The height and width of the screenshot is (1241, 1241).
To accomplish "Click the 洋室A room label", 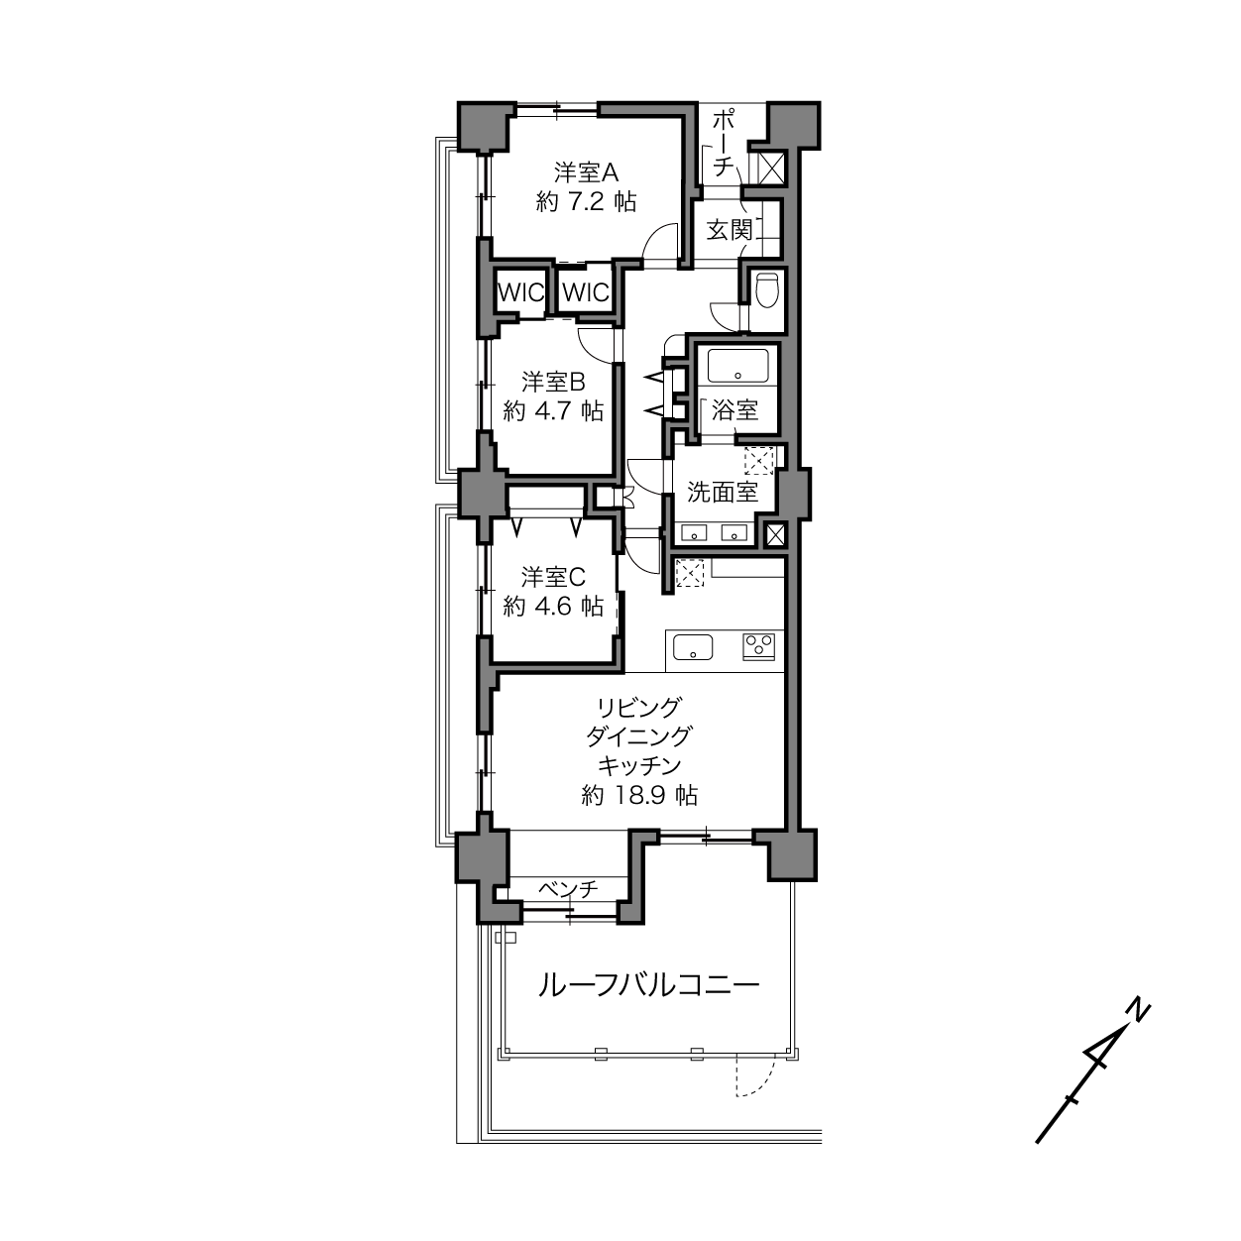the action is point(586,172).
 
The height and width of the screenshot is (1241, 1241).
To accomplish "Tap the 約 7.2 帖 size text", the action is point(586,202).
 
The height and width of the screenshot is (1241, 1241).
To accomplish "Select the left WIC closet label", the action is point(521,293).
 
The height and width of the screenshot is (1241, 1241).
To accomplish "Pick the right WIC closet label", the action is point(586,293).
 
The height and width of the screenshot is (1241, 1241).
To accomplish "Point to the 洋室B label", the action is point(553,382).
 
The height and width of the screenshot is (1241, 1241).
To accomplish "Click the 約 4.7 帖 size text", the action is point(553,411).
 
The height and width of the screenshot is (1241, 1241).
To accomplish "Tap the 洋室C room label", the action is point(553,577).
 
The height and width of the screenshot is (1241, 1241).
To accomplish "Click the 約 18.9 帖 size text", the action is point(639,796).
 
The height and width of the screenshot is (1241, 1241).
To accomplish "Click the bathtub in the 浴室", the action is point(738,365).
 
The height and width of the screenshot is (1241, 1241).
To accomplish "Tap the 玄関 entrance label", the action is point(730,230).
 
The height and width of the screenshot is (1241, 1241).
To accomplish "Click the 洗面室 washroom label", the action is point(723,492).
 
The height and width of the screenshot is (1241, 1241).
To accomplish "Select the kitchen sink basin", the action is point(693,647).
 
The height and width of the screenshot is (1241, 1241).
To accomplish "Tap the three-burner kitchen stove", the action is point(758,646).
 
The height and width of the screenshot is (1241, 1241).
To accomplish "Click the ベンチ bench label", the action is point(569,889).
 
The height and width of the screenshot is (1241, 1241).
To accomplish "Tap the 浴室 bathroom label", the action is point(734,410).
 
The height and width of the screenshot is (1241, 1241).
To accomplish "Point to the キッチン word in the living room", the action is point(639,766).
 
